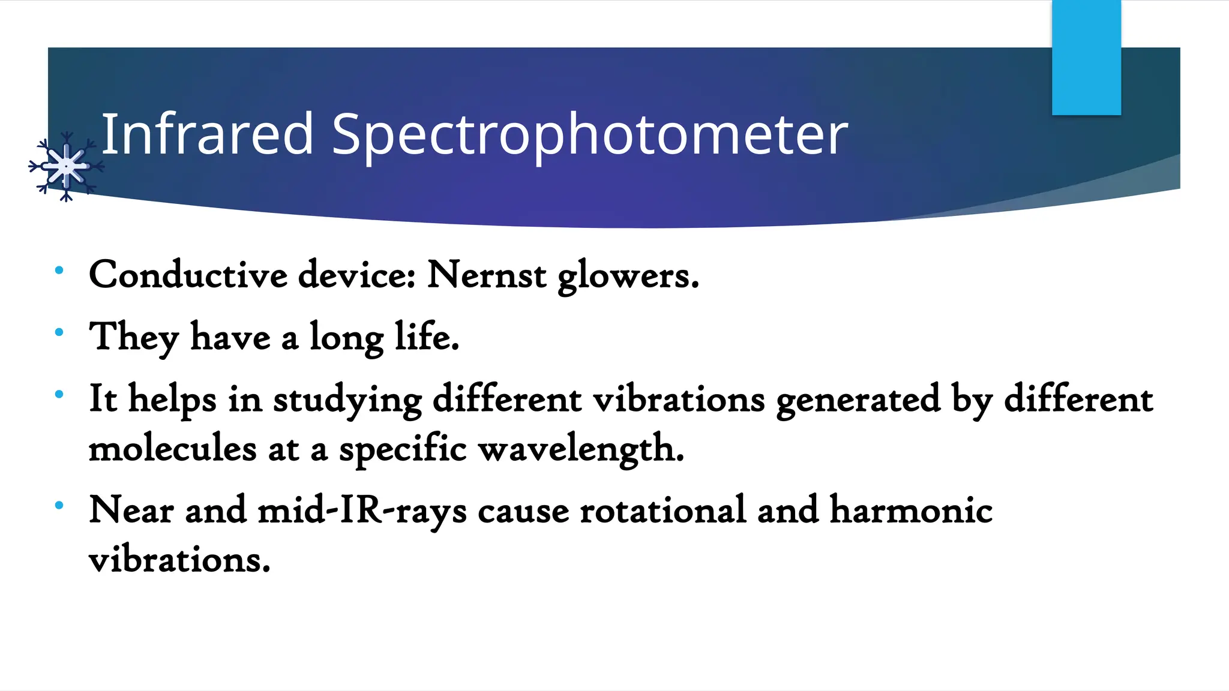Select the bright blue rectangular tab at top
[x=1086, y=58]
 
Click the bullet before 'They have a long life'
[x=59, y=332]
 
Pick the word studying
[x=347, y=400]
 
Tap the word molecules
[x=173, y=449]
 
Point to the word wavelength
[x=581, y=450]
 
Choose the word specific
[x=403, y=450]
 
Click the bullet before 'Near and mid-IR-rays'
[x=59, y=506]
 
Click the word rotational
[x=663, y=510]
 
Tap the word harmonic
[x=911, y=510]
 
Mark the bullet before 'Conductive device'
[x=59, y=271]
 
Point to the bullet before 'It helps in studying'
[x=59, y=395]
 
